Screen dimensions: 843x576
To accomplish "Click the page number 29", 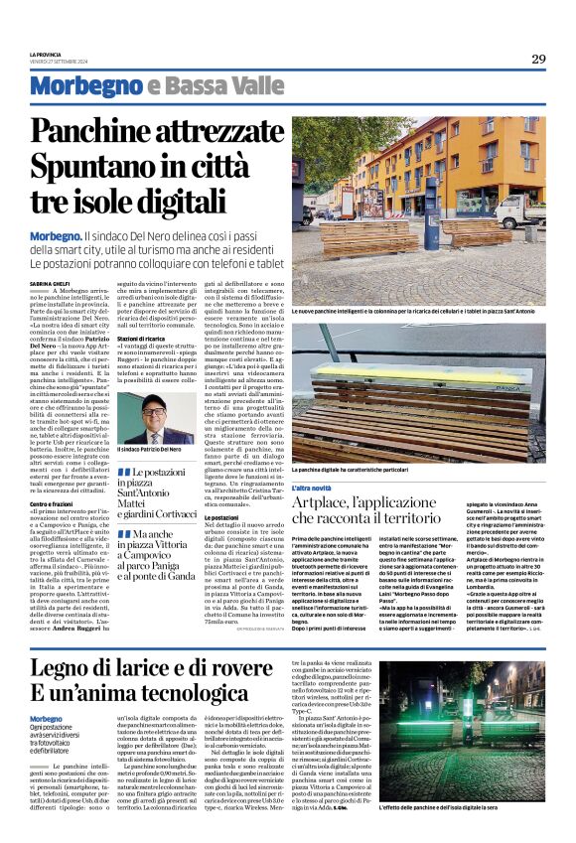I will (537, 59).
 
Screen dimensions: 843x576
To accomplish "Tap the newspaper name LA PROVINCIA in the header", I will (47, 54).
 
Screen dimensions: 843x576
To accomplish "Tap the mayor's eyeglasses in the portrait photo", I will (156, 409).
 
